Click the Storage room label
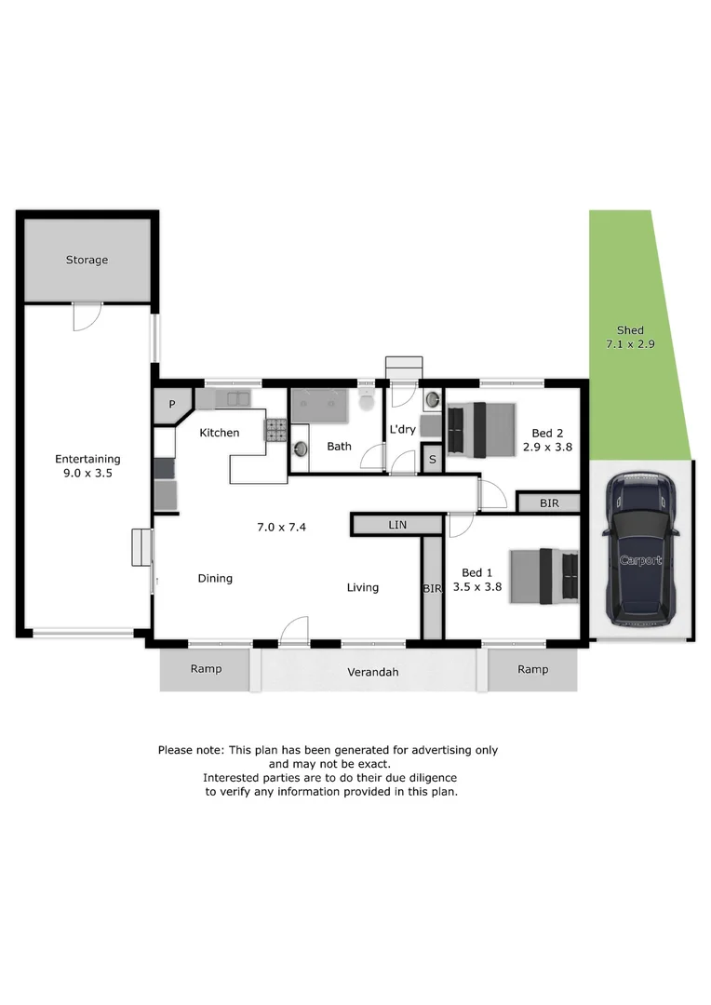tap(87, 261)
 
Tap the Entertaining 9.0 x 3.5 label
tap(87, 466)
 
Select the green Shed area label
tap(630, 338)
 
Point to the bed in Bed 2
tap(480, 430)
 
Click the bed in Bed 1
tap(543, 575)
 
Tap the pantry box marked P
tap(172, 405)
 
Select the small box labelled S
tap(432, 459)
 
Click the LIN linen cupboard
tap(396, 526)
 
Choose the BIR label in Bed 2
tap(549, 503)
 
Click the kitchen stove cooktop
tap(277, 429)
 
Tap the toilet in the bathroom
tap(367, 403)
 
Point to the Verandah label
tap(372, 672)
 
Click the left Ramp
tap(206, 669)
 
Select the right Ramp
tap(532, 669)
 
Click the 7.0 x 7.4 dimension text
tap(282, 528)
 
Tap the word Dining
tap(215, 579)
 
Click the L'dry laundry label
tap(402, 429)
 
